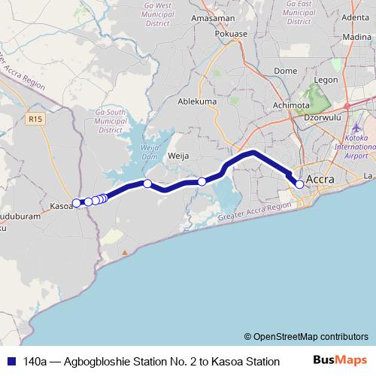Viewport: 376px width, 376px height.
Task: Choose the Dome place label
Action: [x=286, y=71]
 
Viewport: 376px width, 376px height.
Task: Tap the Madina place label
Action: [x=356, y=36]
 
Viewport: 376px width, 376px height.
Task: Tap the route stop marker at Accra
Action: [x=299, y=184]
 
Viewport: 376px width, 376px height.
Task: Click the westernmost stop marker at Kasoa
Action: [x=76, y=202]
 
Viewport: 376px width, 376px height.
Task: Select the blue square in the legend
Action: [x=11, y=361]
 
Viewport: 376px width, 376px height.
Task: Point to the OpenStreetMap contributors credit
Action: [x=306, y=336]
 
